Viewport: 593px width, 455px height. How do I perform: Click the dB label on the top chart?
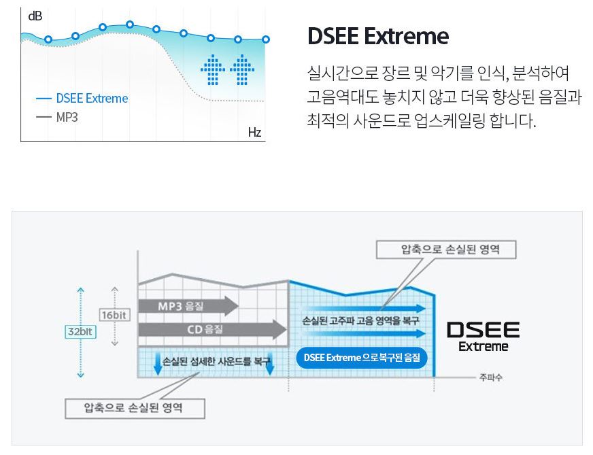coord(34,16)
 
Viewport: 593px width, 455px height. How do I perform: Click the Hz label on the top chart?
coord(254,132)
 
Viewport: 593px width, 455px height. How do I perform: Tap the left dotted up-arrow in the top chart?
coord(213,69)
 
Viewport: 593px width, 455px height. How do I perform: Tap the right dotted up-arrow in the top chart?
coord(241,69)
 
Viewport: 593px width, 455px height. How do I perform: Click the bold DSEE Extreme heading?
coord(378,36)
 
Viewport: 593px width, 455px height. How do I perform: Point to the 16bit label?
coord(114,315)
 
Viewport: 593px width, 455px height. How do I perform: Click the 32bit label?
coord(80,331)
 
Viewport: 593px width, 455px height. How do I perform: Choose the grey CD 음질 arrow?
coord(211,330)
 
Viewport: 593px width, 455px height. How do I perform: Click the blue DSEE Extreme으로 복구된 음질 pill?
coord(362,357)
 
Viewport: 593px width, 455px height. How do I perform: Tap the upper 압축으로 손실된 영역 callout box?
coord(446,250)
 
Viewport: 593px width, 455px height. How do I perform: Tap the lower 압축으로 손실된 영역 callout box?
coord(134,408)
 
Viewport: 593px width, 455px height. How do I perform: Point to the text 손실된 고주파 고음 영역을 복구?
coord(360,320)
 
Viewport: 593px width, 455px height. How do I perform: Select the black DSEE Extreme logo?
coord(483,337)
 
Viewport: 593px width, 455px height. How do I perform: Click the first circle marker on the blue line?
coord(48,39)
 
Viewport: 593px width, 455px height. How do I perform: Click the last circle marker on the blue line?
coord(265,39)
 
